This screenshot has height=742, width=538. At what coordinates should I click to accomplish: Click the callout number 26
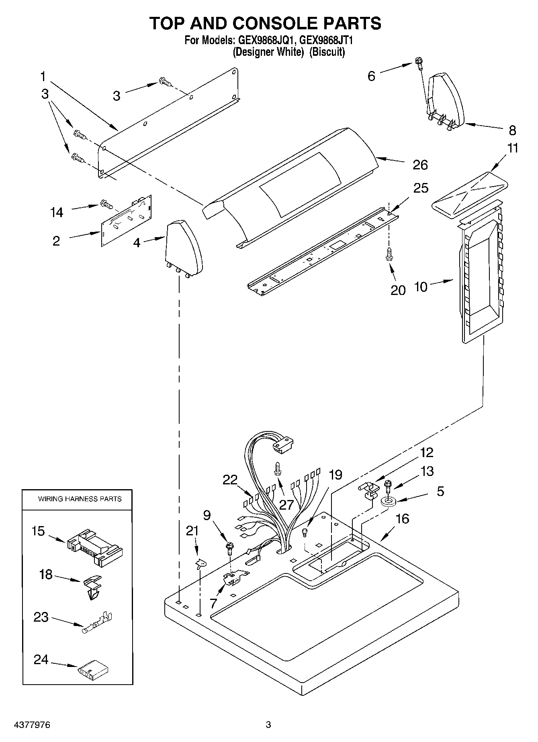pyautogui.click(x=420, y=165)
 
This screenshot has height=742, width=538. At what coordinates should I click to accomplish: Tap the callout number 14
pyautogui.click(x=57, y=212)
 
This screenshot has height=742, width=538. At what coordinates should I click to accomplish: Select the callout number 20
pyautogui.click(x=398, y=290)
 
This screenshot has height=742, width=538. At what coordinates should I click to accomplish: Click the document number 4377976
pyautogui.click(x=32, y=725)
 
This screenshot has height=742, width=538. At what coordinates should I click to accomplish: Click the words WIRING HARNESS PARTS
pyautogui.click(x=80, y=499)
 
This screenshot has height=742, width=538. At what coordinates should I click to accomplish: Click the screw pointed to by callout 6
pyautogui.click(x=418, y=63)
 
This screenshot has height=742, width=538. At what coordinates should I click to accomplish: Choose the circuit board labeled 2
pyautogui.click(x=126, y=220)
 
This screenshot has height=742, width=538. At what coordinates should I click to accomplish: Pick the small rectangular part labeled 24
pyautogui.click(x=94, y=669)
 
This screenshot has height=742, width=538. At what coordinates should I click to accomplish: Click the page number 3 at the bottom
pyautogui.click(x=268, y=725)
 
